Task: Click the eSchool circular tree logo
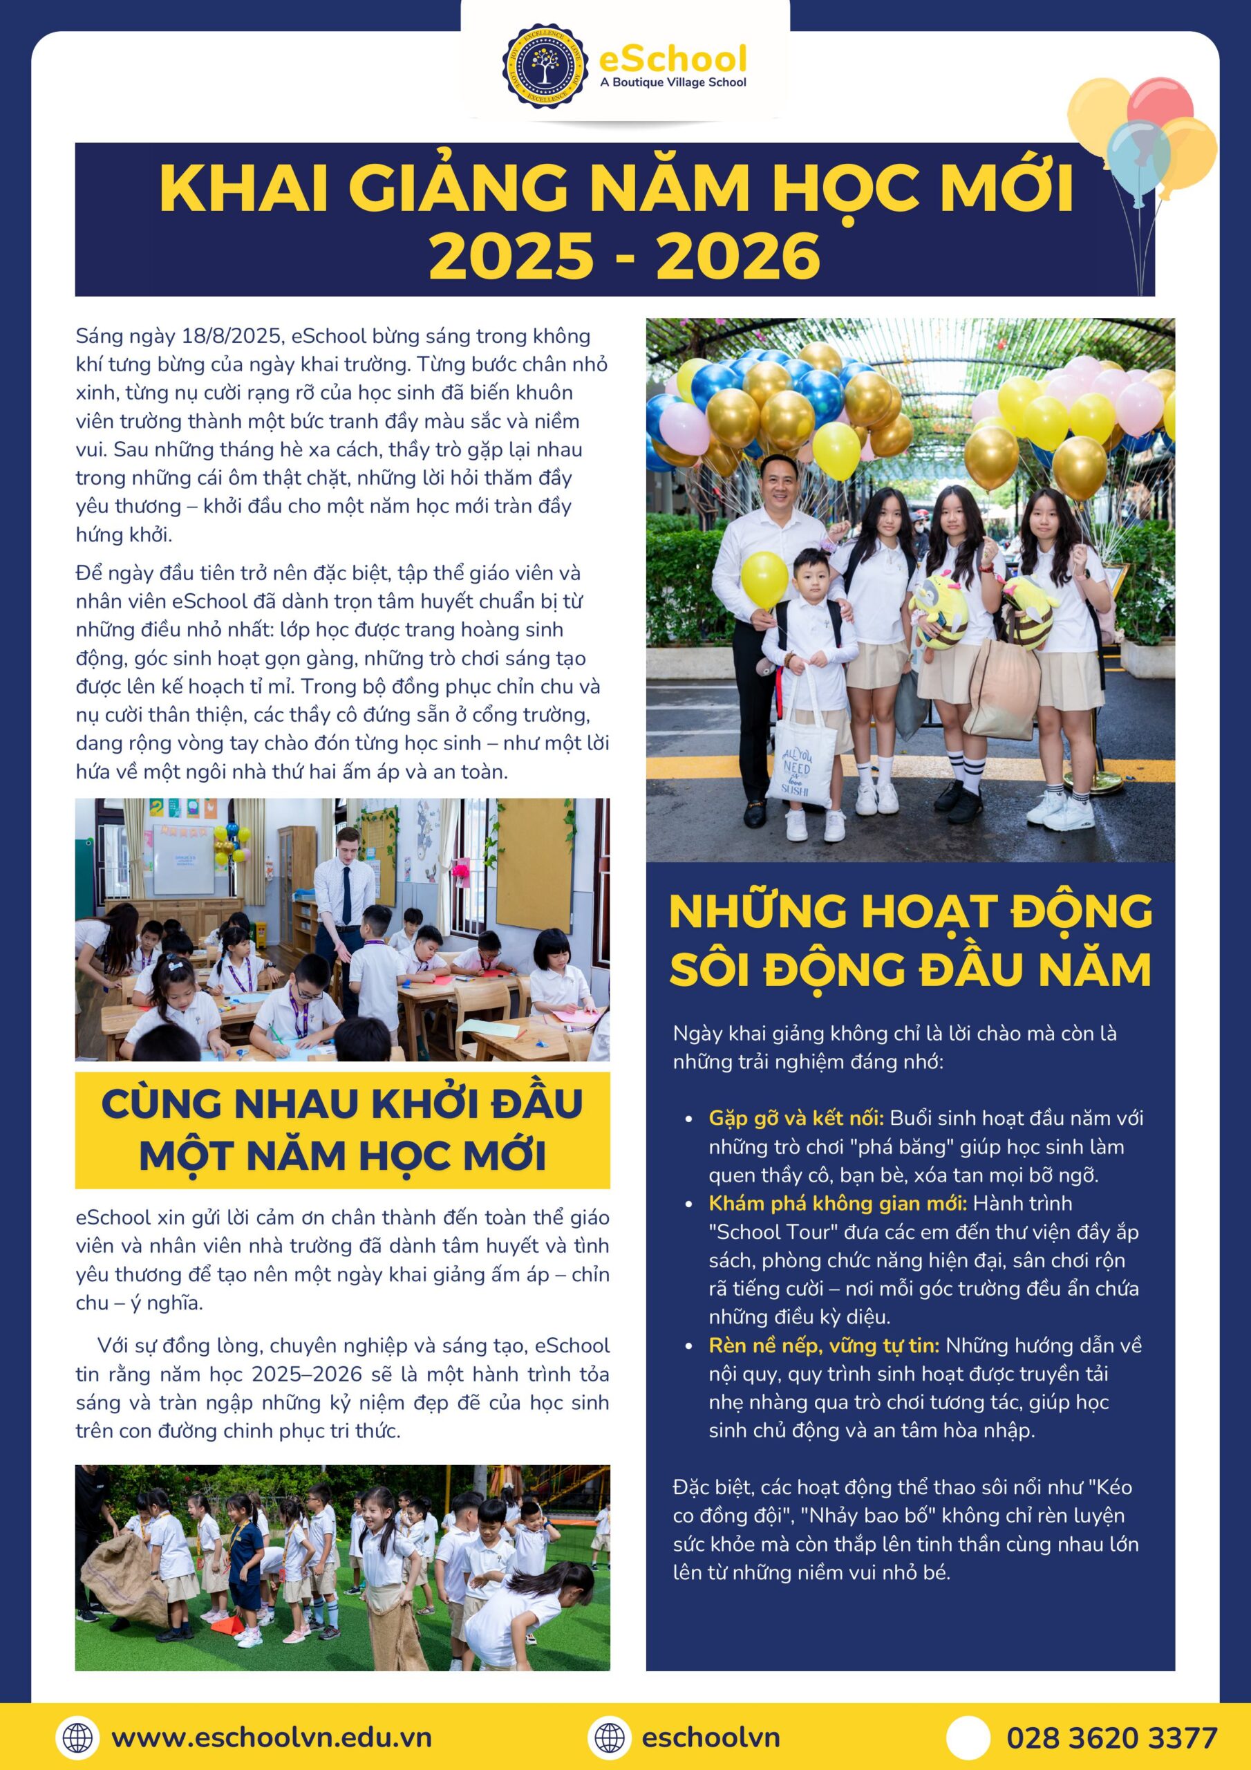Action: [547, 66]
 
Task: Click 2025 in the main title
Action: [509, 257]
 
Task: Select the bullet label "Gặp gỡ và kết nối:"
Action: [796, 1118]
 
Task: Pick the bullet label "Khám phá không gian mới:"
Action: [837, 1203]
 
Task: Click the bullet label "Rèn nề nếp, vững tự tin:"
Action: [823, 1345]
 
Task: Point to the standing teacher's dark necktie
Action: [348, 891]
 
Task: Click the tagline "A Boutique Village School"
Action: [672, 82]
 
